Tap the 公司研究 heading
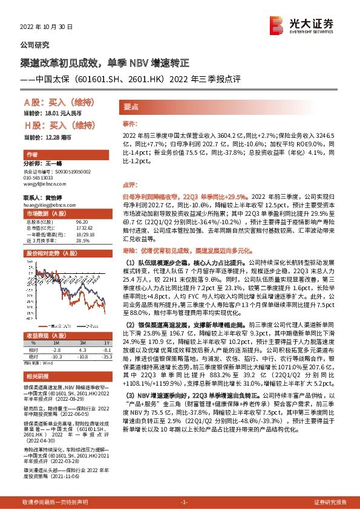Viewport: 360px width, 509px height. [x=35, y=45]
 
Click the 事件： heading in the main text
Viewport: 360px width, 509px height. [x=131, y=123]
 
